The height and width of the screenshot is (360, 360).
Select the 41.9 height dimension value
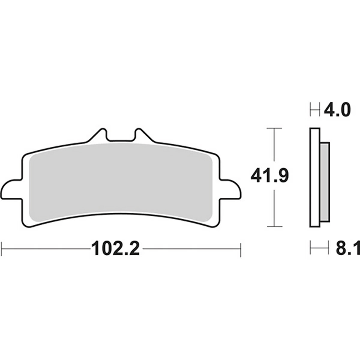point(269,177)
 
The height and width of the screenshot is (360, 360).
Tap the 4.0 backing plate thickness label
point(337,110)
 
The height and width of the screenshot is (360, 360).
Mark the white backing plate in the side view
point(314,177)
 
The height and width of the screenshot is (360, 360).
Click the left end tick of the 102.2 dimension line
point(2,249)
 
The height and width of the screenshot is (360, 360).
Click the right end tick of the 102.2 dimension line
point(240,249)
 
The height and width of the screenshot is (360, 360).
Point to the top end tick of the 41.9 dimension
point(274,128)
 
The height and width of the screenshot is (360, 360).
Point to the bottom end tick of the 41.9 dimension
point(274,226)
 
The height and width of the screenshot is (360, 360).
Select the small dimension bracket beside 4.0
point(314,110)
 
